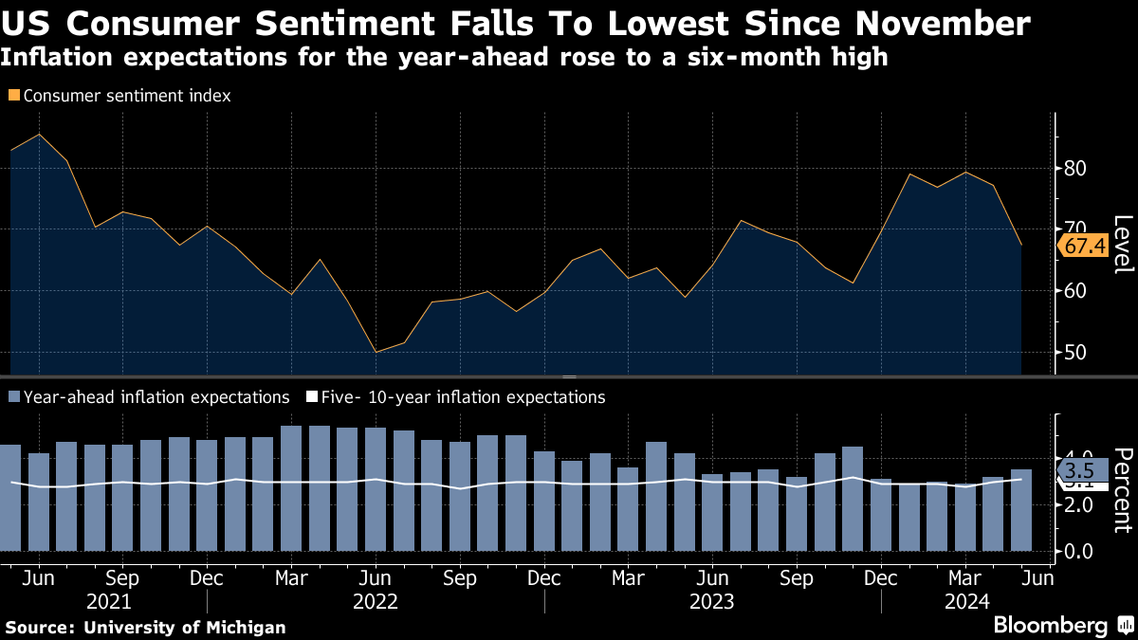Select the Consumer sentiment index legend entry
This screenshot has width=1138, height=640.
pos(120,96)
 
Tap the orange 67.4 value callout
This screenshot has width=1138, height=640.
pos(1086,246)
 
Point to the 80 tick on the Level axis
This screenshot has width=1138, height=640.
pos(1075,169)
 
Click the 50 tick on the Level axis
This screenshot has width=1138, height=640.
pos(1075,352)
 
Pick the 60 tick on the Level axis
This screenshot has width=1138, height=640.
pos(1075,290)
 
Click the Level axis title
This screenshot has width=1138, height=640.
pos(1122,245)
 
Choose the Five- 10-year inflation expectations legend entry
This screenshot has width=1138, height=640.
pos(458,397)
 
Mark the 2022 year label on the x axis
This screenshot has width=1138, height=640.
pos(375,601)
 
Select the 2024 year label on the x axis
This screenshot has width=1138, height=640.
pos(965,601)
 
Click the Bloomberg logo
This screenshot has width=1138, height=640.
pos(1051,625)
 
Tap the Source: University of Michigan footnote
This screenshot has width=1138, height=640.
pos(145,627)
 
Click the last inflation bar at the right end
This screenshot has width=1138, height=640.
pos(1020,510)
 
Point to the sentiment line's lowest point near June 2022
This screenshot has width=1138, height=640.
pos(376,352)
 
